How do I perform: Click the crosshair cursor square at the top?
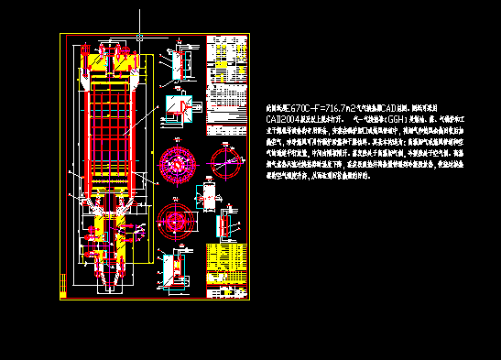(x=139, y=37)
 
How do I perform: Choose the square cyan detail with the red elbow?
(x=180, y=107)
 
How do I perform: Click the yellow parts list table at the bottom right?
(x=227, y=271)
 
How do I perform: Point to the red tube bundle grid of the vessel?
(x=113, y=128)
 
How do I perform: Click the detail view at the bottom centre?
(x=174, y=268)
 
